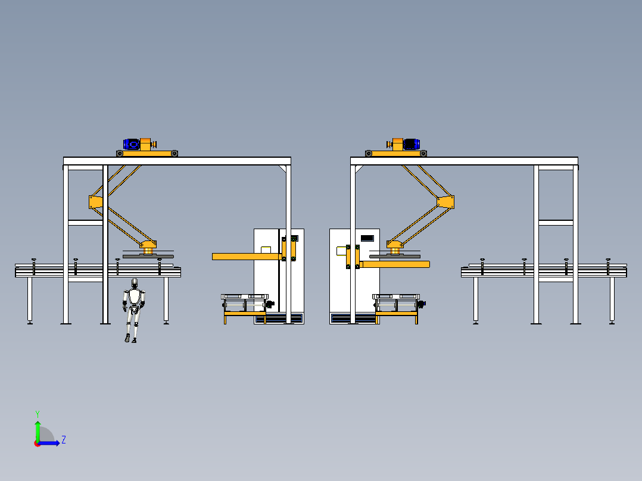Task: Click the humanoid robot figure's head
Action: pyautogui.click(x=135, y=283)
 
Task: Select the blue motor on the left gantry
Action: pyautogui.click(x=132, y=144)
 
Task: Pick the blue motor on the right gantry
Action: pyautogui.click(x=412, y=144)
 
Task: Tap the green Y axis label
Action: pyautogui.click(x=38, y=414)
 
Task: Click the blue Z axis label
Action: pyautogui.click(x=64, y=440)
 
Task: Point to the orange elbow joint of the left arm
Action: pyautogui.click(x=95, y=202)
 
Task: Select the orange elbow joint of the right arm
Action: pyautogui.click(x=445, y=202)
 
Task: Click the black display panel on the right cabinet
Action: pyautogui.click(x=367, y=238)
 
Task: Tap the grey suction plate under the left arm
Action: pyautogui.click(x=148, y=257)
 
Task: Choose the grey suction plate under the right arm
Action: pyautogui.click(x=395, y=257)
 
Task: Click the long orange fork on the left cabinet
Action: pyautogui.click(x=247, y=257)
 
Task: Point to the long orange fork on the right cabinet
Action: pyautogui.click(x=395, y=264)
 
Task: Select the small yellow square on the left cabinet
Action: pyautogui.click(x=266, y=249)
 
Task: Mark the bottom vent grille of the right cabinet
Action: pyautogui.click(x=353, y=318)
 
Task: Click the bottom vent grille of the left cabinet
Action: pyautogui.click(x=279, y=318)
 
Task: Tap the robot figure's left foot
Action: pyautogui.click(x=127, y=338)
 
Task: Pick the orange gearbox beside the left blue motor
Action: pyautogui.click(x=146, y=145)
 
